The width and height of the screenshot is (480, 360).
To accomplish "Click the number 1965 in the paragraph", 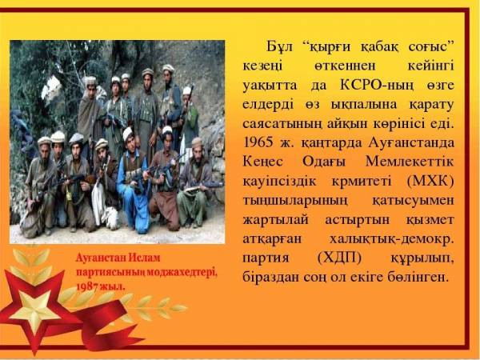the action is click(258, 142).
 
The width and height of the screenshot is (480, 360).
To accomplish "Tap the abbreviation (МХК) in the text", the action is click(430, 182).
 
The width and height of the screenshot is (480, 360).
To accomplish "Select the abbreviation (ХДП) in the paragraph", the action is click(339, 258).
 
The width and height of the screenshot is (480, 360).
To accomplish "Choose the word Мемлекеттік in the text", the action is click(410, 162).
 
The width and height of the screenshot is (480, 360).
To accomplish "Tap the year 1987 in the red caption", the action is click(86, 287).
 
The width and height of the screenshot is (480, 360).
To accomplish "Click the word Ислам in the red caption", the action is click(144, 258).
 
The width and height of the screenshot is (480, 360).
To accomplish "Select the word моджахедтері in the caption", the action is click(182, 272).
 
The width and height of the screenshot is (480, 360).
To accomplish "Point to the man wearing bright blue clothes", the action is click(132, 181).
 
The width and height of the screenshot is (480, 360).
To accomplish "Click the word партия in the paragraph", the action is click(266, 258).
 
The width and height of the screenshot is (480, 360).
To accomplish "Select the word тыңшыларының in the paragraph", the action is click(296, 202).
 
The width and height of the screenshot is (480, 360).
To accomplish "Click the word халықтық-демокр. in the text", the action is click(391, 238).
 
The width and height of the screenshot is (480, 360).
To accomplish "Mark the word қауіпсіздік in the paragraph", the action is click(279, 182).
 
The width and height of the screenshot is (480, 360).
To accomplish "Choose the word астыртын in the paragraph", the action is click(358, 220).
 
